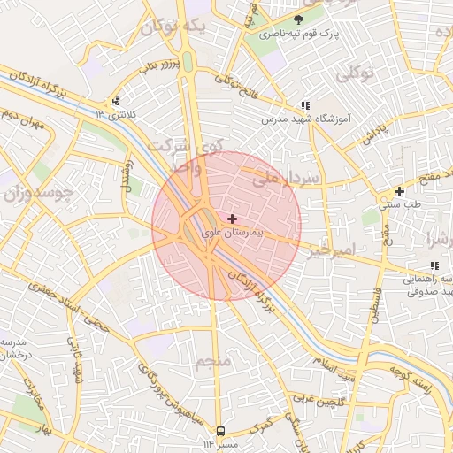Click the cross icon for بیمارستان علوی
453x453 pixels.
click(232, 218)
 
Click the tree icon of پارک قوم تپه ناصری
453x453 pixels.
click(298, 18)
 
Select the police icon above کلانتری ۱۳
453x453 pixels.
click(116, 101)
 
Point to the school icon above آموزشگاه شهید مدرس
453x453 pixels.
click(305, 105)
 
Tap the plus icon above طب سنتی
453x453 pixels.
click(399, 191)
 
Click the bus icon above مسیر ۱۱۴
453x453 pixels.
click(219, 432)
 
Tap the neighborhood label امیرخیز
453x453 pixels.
click(332, 250)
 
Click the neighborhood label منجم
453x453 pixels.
click(213, 361)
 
